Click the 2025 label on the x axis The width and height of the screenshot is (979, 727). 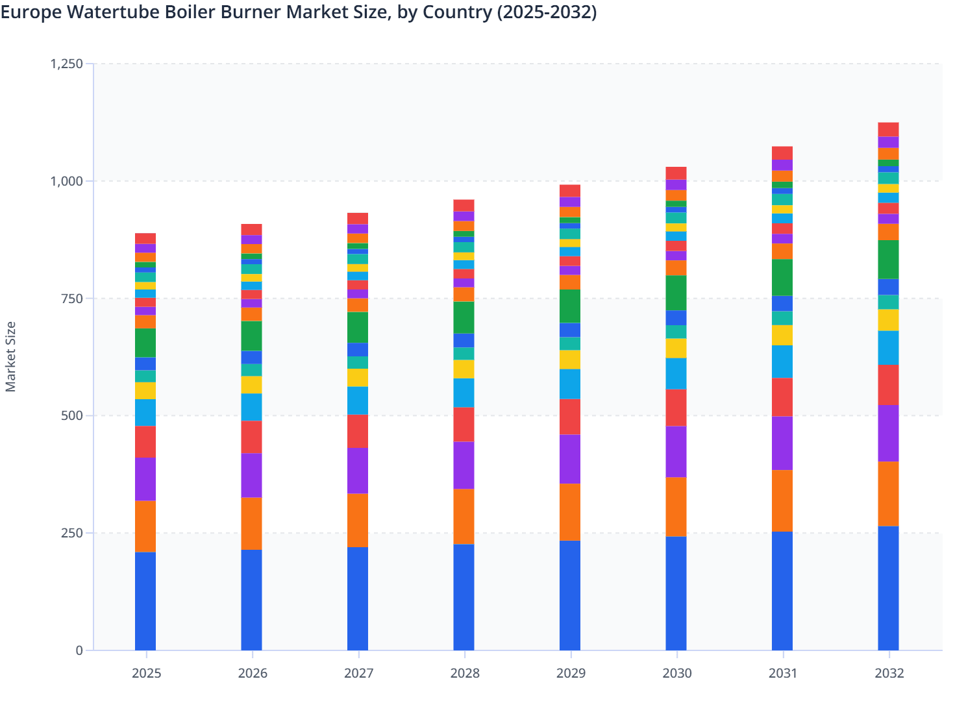click(146, 673)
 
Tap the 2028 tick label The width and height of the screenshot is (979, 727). click(465, 673)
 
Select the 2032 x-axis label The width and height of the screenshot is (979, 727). click(889, 673)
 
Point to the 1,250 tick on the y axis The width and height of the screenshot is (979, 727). click(66, 64)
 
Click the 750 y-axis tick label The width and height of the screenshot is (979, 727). click(73, 299)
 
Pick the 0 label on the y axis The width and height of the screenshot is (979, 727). click(79, 650)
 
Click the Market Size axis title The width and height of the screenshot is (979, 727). click(10, 357)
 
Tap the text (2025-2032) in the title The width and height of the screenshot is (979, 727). click(547, 12)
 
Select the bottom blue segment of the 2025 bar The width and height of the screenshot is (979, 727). click(145, 600)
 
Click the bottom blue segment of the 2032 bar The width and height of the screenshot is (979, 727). click(888, 587)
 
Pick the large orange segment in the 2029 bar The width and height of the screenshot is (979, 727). click(570, 512)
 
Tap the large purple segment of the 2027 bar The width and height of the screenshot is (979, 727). click(358, 471)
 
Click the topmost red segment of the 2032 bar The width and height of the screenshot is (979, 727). click(888, 129)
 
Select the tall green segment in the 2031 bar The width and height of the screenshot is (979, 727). click(782, 277)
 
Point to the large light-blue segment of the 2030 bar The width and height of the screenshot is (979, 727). click(676, 373)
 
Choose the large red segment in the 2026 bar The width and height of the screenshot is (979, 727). click(251, 437)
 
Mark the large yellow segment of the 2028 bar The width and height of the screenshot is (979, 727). click(464, 369)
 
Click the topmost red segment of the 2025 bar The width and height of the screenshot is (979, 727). click(145, 238)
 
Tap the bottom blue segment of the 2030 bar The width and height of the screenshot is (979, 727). click(676, 593)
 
